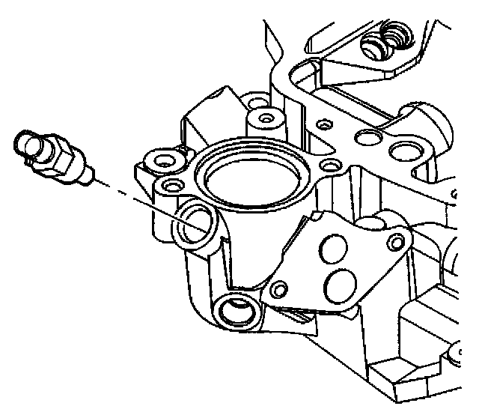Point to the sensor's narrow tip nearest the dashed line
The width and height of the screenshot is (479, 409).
88,177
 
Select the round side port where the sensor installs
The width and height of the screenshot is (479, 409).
196,224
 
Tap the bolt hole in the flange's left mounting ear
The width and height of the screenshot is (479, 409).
159,159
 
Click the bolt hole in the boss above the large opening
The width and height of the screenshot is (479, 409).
263,118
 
